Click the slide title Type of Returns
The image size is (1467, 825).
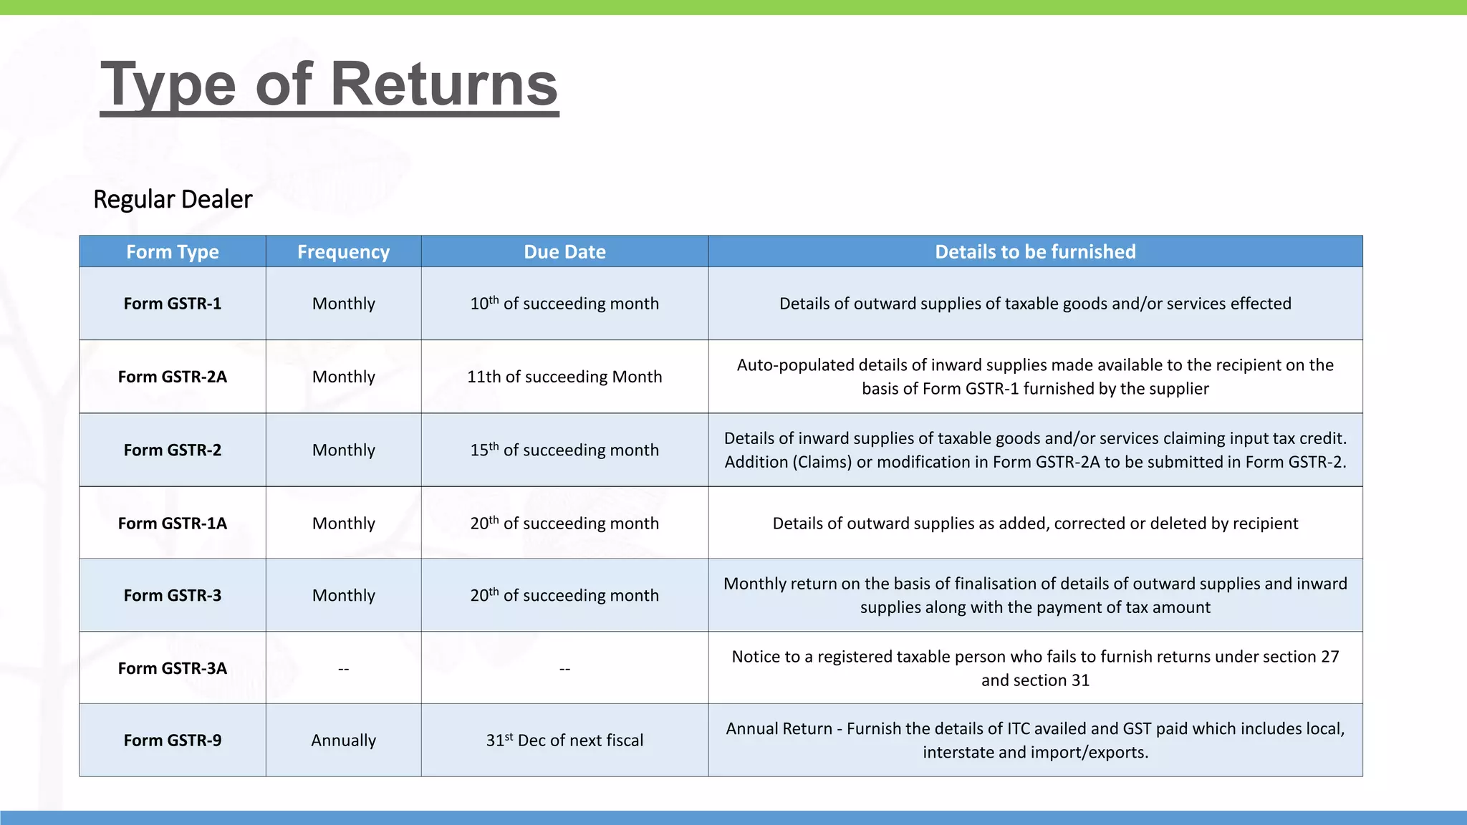point(329,85)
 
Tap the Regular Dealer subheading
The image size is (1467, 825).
point(173,199)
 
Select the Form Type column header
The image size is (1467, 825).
point(173,252)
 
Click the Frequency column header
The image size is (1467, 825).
point(343,252)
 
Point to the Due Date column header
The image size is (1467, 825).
point(564,252)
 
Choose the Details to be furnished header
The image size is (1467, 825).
point(1035,252)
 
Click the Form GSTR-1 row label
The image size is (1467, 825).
point(173,304)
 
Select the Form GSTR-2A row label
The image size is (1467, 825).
point(173,377)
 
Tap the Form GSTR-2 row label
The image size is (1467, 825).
point(173,450)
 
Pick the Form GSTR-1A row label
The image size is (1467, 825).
point(173,524)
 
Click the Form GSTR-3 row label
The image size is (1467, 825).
point(173,595)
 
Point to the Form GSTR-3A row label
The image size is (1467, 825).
point(173,668)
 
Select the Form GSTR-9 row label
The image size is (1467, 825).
point(173,740)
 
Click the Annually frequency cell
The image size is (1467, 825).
point(343,740)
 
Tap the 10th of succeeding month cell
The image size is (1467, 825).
point(564,304)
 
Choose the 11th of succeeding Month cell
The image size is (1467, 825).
point(564,377)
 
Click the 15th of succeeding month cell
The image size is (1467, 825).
point(564,450)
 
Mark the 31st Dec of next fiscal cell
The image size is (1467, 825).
point(564,740)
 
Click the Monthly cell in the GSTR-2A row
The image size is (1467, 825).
point(343,377)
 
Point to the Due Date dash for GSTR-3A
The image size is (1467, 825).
point(564,669)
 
